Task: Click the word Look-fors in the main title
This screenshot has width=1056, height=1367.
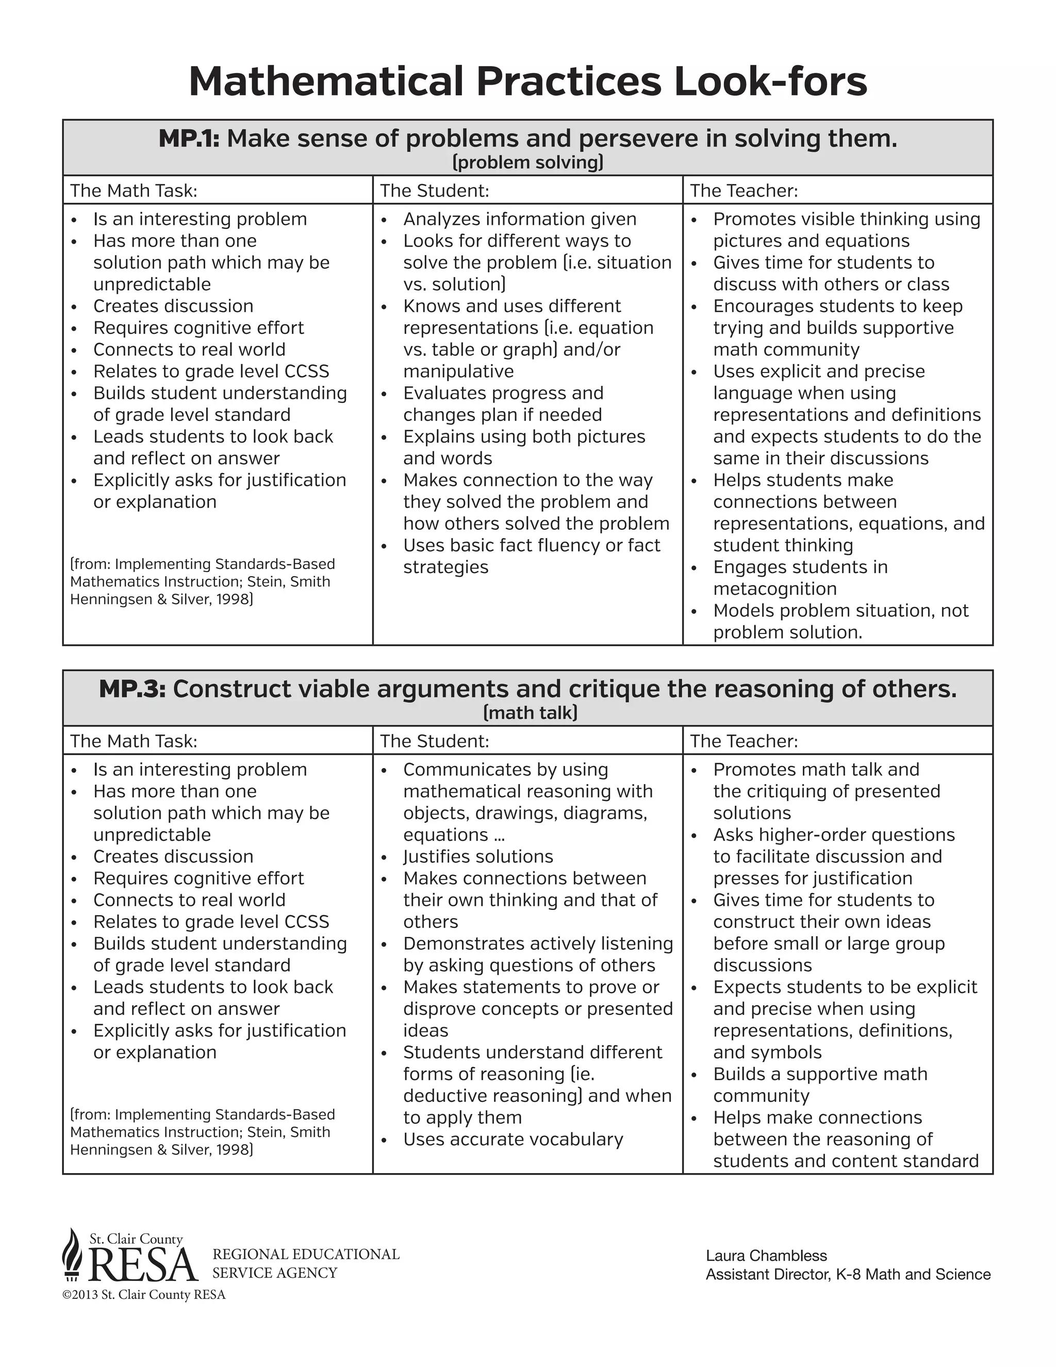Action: pyautogui.click(x=770, y=82)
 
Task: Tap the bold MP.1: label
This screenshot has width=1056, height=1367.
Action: pyautogui.click(x=189, y=138)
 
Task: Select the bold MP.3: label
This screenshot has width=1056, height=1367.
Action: pyautogui.click(x=132, y=689)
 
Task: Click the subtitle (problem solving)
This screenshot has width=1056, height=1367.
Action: pyautogui.click(x=527, y=162)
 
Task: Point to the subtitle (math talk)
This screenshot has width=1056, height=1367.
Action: pyautogui.click(x=530, y=713)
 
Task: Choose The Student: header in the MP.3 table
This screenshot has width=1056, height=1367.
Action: pyautogui.click(x=434, y=741)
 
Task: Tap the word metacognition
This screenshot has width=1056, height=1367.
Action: pyautogui.click(x=774, y=589)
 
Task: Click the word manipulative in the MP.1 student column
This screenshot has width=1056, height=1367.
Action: pyautogui.click(x=458, y=372)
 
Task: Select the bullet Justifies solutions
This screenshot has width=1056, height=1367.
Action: pyautogui.click(x=478, y=856)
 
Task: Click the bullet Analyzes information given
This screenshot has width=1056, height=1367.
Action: pyautogui.click(x=519, y=219)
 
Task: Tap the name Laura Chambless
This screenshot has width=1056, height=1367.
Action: pyautogui.click(x=766, y=1256)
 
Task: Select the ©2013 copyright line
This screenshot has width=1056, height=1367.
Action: pyautogui.click(x=144, y=1295)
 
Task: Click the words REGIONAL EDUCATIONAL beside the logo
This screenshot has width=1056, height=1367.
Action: pyautogui.click(x=305, y=1255)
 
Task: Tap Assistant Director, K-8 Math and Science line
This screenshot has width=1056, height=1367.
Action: pyautogui.click(x=848, y=1274)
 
